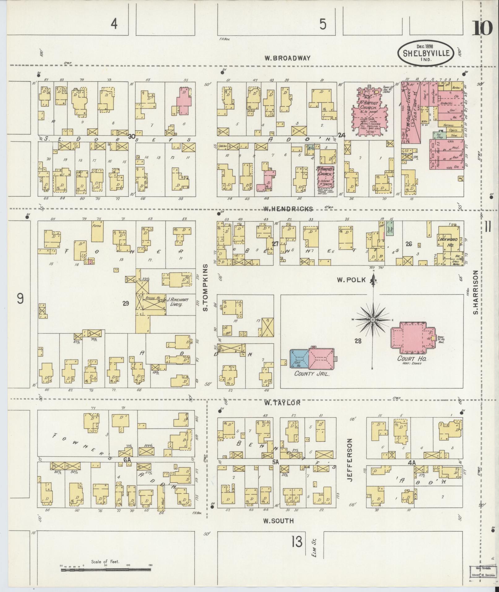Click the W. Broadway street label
pyautogui.click(x=287, y=58)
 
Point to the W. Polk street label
pyautogui.click(x=351, y=280)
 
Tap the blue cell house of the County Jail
pyautogui.click(x=299, y=358)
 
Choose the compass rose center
pyautogui.click(x=373, y=319)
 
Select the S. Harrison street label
pyautogui.click(x=476, y=292)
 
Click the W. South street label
pyautogui.click(x=278, y=521)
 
